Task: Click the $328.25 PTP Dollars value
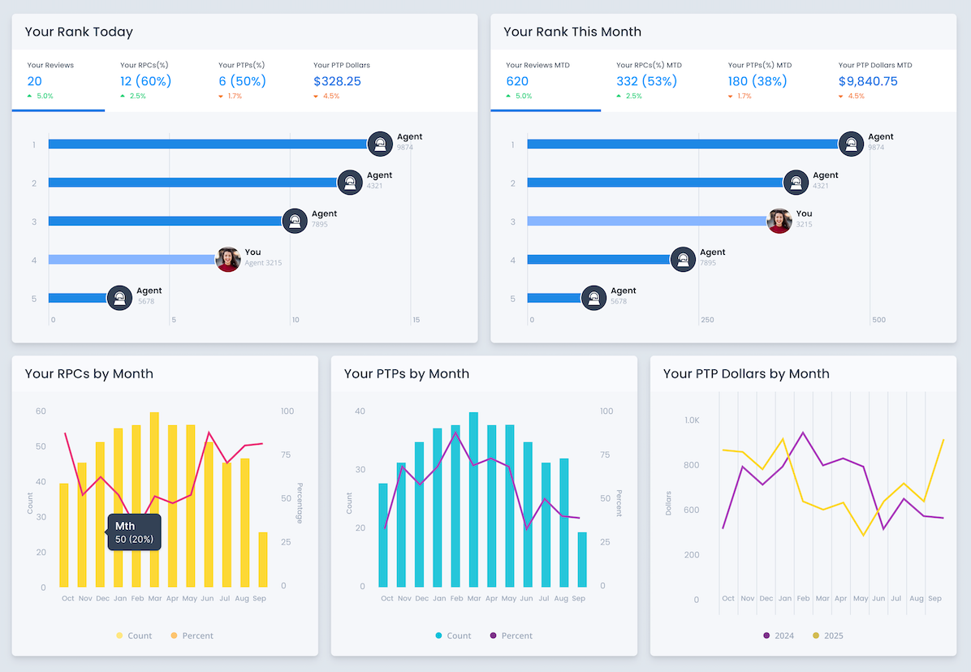point(337,81)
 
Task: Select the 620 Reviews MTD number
point(517,81)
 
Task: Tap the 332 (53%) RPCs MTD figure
point(646,81)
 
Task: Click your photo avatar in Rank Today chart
point(228,260)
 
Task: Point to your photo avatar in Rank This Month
point(779,221)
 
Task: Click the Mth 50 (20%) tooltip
point(134,532)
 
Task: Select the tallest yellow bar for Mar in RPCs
point(154,499)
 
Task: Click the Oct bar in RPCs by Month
point(64,535)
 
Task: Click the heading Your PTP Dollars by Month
point(746,374)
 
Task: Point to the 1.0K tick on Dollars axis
point(691,420)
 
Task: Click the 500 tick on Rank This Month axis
point(878,320)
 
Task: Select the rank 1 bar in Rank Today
point(208,144)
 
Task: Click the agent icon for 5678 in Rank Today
point(119,298)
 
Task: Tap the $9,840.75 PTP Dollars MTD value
point(868,81)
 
